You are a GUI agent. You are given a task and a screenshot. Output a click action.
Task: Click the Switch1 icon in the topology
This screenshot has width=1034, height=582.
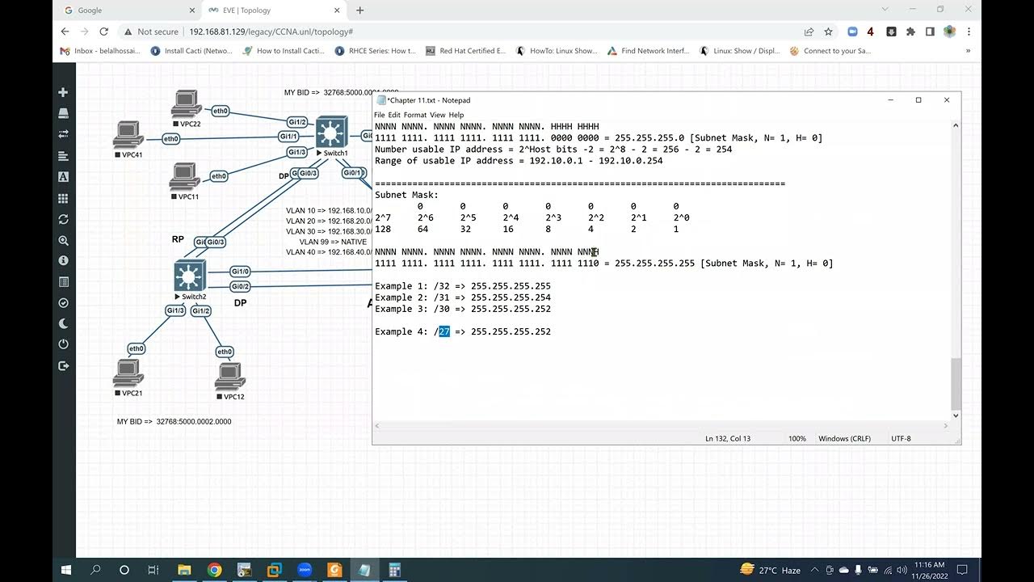(331, 132)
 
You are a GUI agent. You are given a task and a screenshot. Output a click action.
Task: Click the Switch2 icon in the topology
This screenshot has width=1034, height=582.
(190, 276)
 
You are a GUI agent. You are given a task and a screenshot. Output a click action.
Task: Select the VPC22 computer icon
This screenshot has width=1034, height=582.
(186, 104)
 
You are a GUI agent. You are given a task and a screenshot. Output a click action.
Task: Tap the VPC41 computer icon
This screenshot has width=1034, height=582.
(128, 134)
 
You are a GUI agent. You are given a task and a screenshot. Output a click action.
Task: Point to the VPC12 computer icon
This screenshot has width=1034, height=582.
(230, 377)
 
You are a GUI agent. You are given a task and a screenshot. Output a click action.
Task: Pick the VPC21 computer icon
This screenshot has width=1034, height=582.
(128, 373)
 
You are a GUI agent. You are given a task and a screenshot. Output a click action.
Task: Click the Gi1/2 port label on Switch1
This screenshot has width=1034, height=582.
(296, 122)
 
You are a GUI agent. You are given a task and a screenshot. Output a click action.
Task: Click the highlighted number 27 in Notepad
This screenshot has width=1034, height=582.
(444, 331)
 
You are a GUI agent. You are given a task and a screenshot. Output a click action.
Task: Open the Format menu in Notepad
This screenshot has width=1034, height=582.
(414, 115)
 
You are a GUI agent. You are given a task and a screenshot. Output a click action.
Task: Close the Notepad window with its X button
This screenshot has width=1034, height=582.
(947, 100)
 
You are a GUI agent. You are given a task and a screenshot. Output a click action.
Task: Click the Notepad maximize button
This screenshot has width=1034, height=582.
(918, 100)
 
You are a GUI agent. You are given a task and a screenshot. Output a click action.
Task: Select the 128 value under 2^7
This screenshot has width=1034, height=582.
(382, 229)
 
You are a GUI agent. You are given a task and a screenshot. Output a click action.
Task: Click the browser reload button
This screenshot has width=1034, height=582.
(103, 32)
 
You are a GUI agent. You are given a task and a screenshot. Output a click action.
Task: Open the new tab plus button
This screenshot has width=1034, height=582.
(360, 11)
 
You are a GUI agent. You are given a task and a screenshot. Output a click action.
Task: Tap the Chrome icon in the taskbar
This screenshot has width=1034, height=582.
(214, 570)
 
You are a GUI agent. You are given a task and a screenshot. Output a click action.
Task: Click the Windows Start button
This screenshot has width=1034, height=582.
(65, 570)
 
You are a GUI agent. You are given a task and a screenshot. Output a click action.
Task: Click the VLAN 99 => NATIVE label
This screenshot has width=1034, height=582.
(333, 242)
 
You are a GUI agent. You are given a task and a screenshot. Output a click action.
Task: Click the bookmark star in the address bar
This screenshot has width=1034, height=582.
(828, 32)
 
